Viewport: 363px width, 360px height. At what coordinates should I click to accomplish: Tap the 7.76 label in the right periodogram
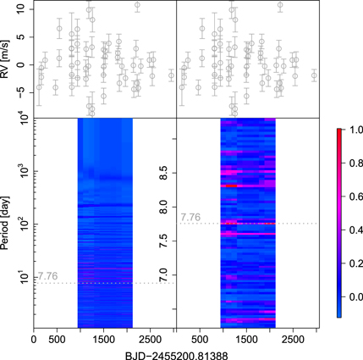pos(191,217)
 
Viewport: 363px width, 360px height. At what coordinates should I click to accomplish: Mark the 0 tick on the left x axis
pos(33,338)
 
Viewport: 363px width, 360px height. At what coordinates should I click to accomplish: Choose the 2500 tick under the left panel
pos(151,338)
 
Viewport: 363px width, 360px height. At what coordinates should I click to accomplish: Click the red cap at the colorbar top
pos(339,129)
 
